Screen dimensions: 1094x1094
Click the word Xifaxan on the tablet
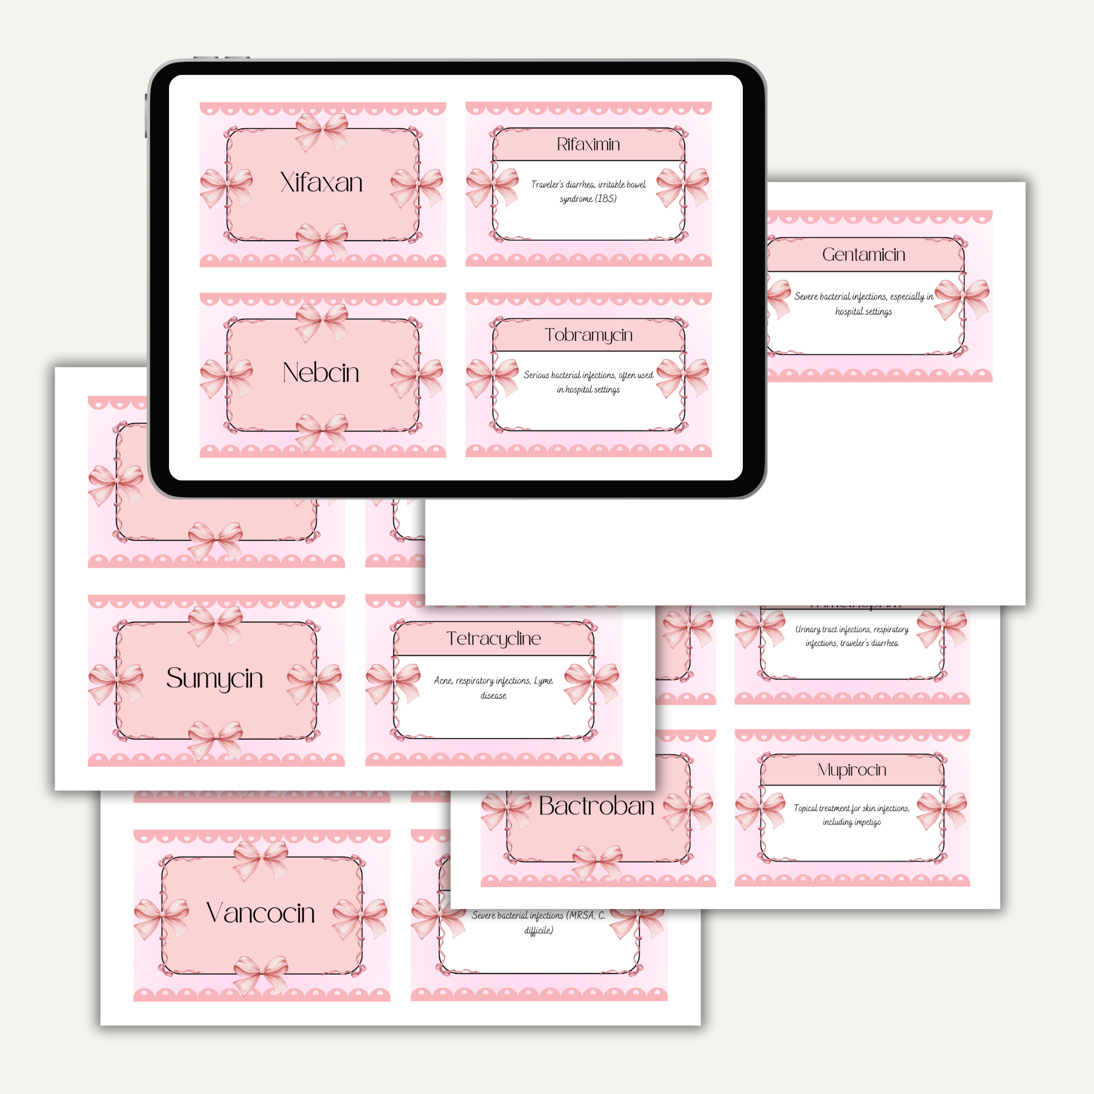[x=321, y=182]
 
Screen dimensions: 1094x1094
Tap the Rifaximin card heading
[x=588, y=144]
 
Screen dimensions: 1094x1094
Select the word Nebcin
[x=321, y=373]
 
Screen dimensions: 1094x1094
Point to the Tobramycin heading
[x=588, y=335]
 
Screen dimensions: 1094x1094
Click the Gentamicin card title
[x=863, y=254]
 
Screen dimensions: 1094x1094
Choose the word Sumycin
[x=214, y=678]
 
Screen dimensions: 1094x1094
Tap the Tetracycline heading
[x=493, y=638]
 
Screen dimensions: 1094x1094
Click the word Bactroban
[x=596, y=806]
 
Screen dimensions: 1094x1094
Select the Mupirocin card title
[x=852, y=770]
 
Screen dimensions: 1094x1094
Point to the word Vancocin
[x=260, y=913]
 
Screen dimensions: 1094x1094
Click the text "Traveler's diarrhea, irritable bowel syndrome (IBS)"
[x=588, y=191]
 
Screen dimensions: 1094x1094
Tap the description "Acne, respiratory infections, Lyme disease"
[x=493, y=688]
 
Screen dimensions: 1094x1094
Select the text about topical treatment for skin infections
[x=852, y=815]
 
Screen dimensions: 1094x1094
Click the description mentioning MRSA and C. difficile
[x=538, y=922]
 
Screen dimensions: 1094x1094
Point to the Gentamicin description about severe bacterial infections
[x=863, y=304]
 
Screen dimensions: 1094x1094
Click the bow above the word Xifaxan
[x=321, y=130]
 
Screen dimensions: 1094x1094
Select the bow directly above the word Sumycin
[x=215, y=624]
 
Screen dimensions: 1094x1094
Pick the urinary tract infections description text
[x=852, y=636]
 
